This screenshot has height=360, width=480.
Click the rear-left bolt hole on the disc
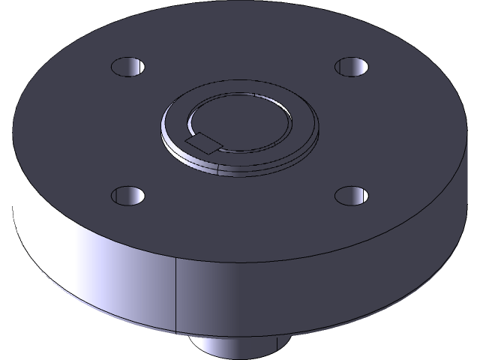pos(127,67)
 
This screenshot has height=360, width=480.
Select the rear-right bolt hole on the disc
pos(351,66)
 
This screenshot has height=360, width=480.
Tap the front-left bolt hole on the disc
pos(127,196)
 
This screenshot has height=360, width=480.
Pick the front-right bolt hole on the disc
pos(351,196)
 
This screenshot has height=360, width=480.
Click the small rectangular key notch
pos(204,140)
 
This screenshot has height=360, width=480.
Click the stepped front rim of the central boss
pos(247,166)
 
